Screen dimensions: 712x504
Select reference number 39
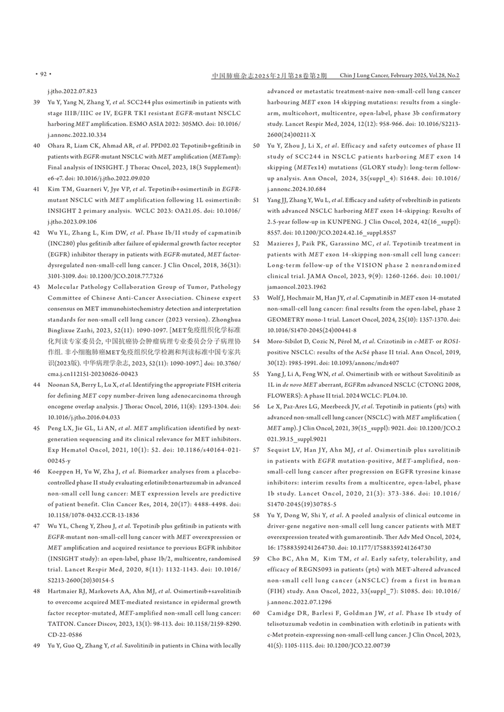coord(36,102)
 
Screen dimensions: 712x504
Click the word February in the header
coord(416,76)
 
